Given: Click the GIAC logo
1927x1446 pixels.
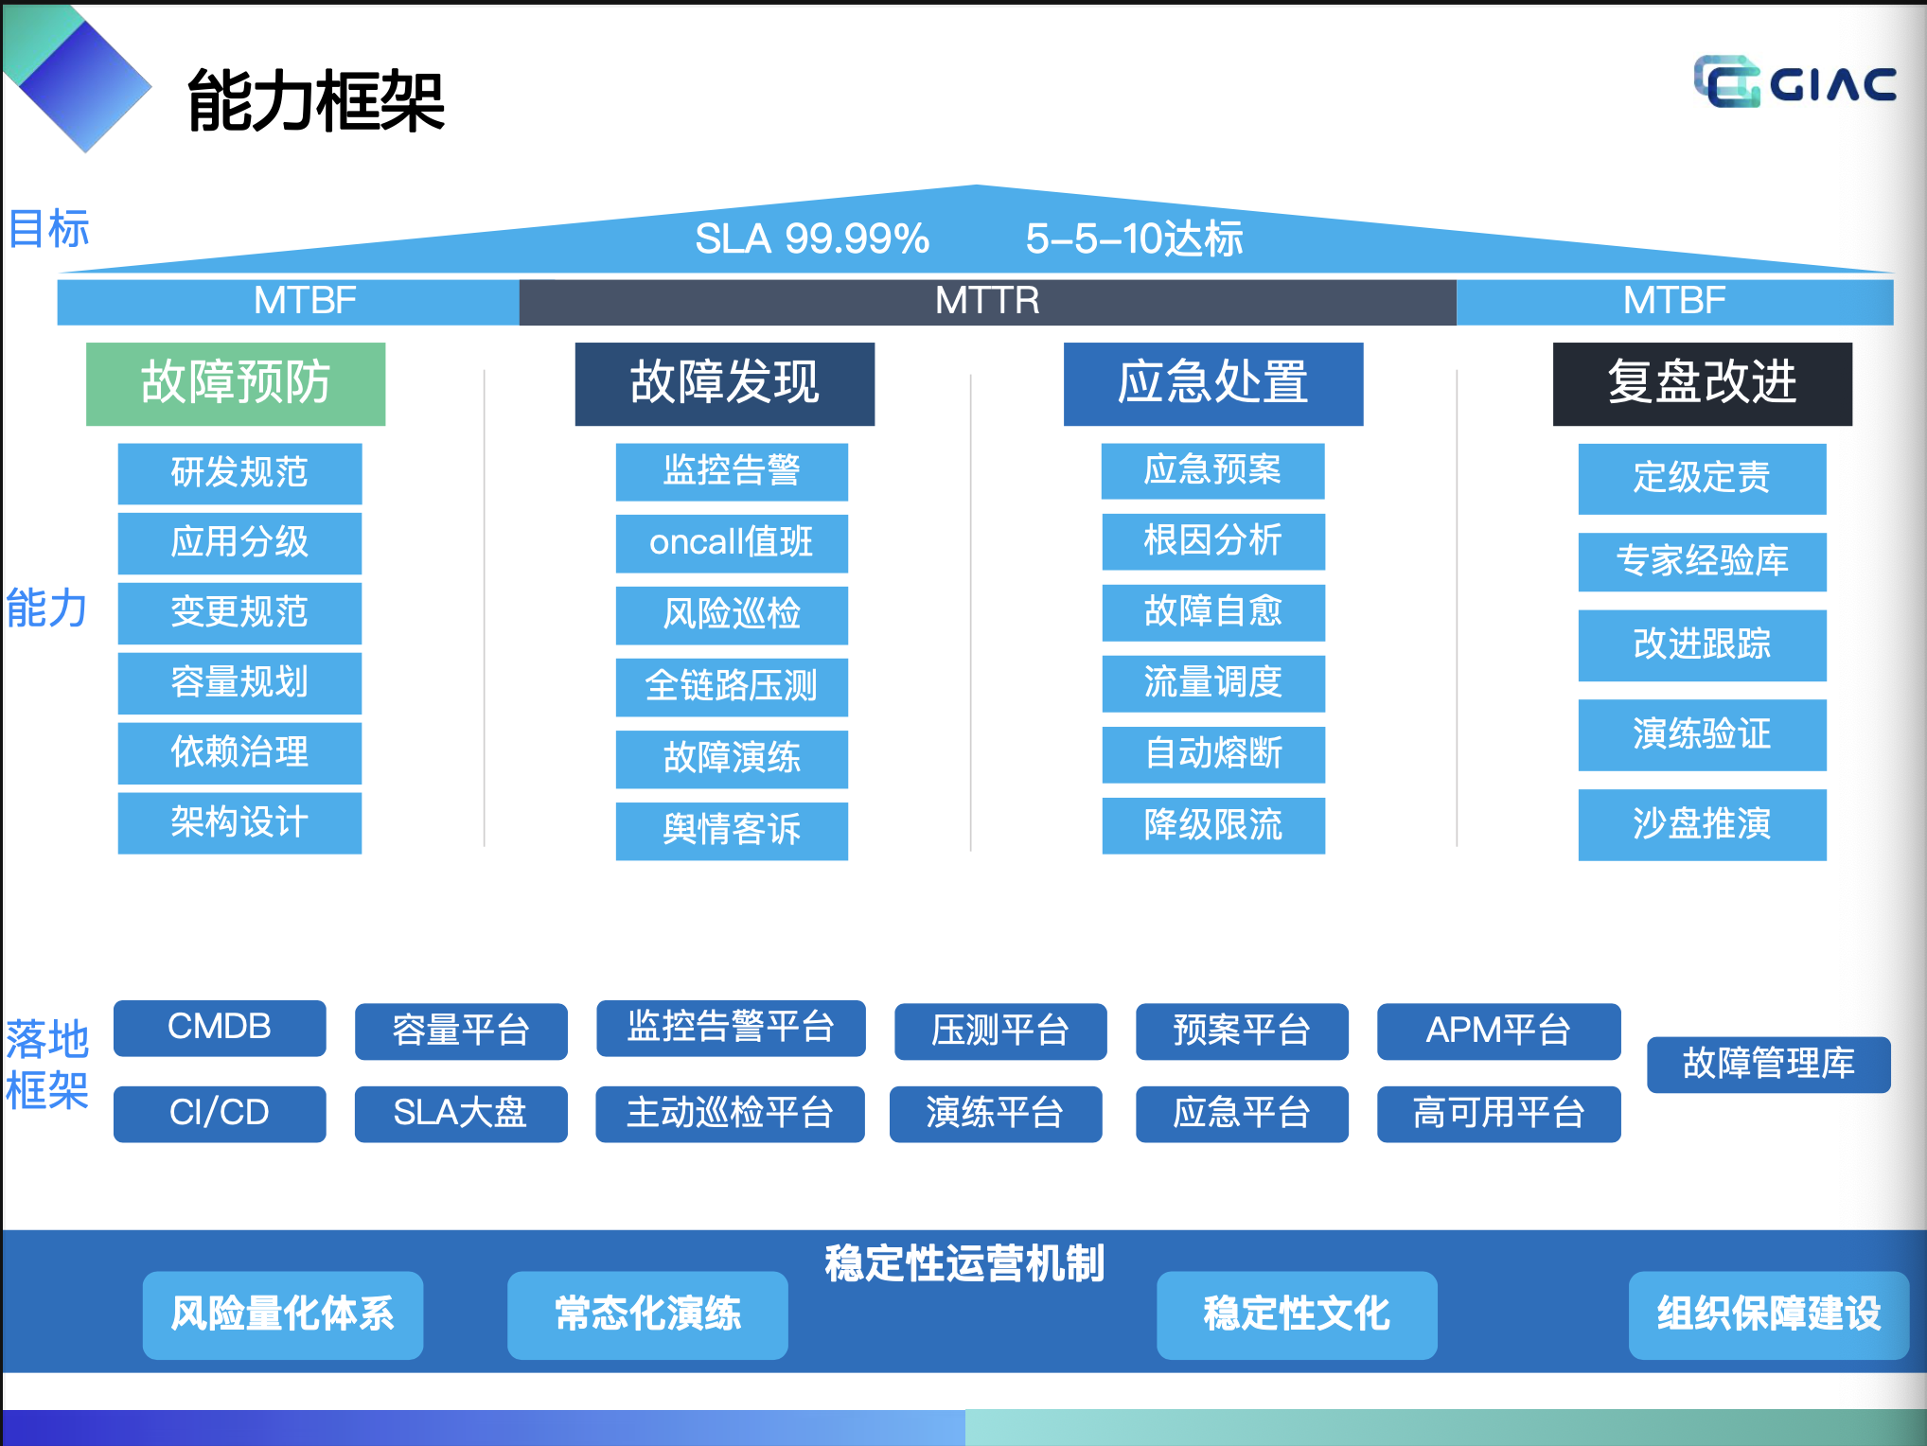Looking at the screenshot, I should [1794, 83].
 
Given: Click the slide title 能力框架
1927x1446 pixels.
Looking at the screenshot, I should [316, 100].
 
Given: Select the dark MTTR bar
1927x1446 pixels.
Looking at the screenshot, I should [987, 301].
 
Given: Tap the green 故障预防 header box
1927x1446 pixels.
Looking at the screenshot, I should [236, 383].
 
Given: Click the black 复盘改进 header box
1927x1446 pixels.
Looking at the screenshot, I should [1702, 383].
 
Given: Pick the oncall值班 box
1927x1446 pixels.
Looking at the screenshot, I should [732, 543].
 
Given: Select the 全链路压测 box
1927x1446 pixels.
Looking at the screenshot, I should [732, 686].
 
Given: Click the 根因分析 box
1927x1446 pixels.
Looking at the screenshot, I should [1212, 541].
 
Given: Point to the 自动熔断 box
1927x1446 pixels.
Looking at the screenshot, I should [1212, 754].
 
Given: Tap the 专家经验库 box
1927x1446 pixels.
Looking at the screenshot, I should [1702, 561].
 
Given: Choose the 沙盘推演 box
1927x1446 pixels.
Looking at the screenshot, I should [1702, 824].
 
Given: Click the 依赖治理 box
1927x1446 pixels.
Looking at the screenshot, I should [239, 752].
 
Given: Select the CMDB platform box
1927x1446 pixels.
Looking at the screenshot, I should [220, 1028].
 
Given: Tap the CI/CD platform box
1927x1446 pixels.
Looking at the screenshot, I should [220, 1113].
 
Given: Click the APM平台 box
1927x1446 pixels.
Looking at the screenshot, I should [1498, 1031].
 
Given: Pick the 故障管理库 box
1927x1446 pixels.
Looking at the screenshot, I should [1768, 1064].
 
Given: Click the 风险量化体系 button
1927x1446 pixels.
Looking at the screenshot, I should [282, 1314].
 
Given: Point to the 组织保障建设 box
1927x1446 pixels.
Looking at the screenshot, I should [1768, 1314].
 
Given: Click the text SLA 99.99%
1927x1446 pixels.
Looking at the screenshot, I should [811, 238].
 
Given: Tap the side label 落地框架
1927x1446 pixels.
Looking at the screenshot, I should [47, 1065].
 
